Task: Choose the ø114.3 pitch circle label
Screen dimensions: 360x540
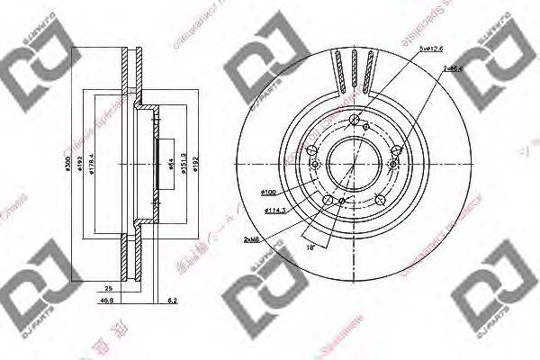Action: point(277,211)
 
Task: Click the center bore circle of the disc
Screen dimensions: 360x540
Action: point(347,162)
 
